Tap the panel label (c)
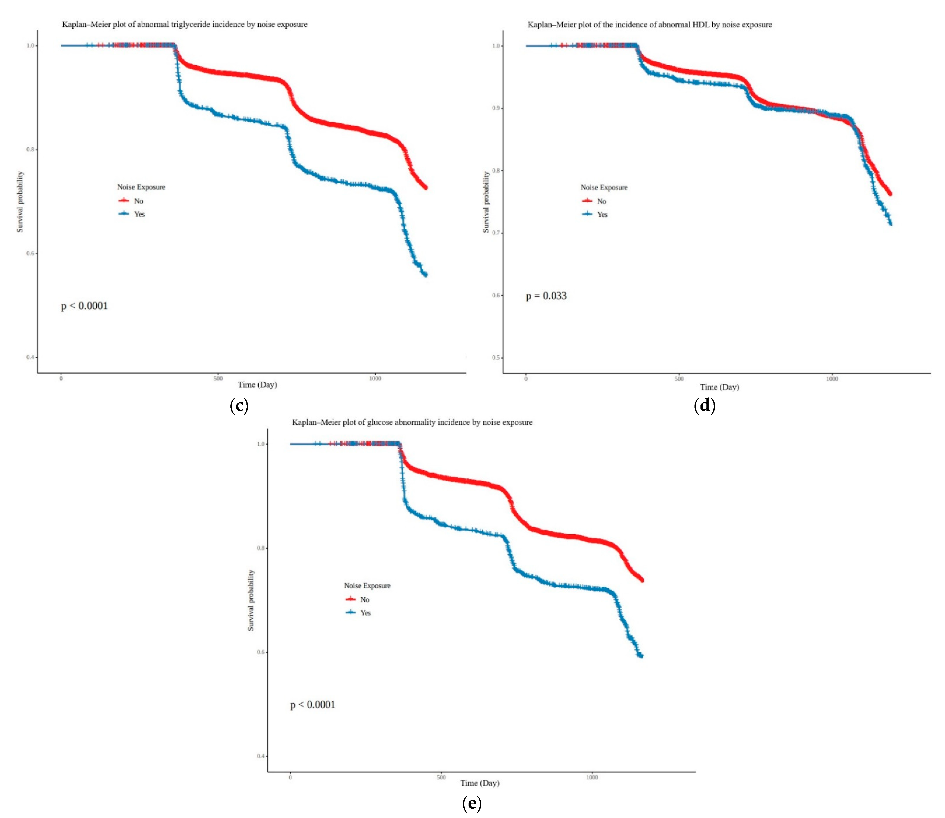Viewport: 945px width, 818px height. point(239,405)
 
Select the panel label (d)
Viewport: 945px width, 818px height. point(704,405)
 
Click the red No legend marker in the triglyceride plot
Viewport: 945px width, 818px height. point(124,200)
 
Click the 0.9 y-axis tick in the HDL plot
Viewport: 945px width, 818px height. point(496,108)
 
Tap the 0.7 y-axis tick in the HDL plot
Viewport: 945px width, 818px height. point(496,233)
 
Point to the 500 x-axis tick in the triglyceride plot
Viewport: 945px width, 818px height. point(218,378)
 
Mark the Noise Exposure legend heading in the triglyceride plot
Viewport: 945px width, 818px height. point(141,187)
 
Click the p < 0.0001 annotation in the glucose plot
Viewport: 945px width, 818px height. point(313,705)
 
